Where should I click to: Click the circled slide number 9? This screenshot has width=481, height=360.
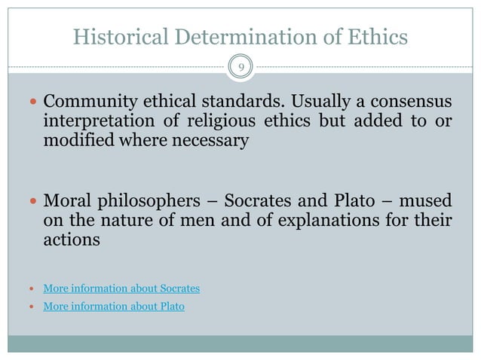(x=240, y=68)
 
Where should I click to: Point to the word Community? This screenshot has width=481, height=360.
(x=87, y=102)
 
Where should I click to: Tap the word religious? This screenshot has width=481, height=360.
(x=244, y=121)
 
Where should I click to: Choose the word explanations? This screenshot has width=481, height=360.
(x=296, y=222)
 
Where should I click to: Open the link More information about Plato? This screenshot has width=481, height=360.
(x=114, y=307)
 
